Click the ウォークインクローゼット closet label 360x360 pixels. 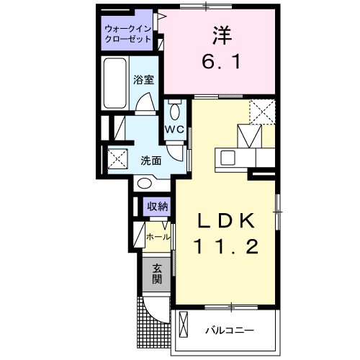[x=127, y=34]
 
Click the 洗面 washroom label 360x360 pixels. [x=150, y=160]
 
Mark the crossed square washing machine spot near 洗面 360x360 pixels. [x=117, y=158]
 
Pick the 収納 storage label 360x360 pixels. [x=157, y=207]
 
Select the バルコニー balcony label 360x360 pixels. [x=229, y=330]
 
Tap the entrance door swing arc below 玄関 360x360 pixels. [x=154, y=312]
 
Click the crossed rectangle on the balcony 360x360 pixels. [x=182, y=328]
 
